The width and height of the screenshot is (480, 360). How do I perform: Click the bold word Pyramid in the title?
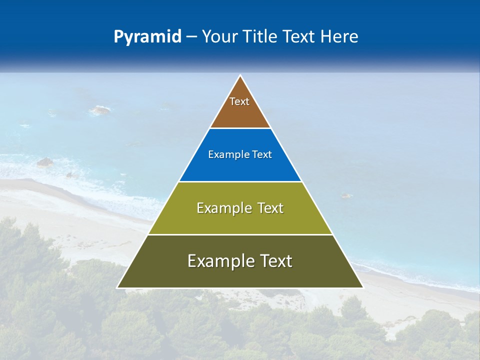tap(147, 37)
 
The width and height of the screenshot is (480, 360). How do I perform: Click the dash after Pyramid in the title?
tap(191, 37)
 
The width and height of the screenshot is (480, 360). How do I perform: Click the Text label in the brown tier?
tap(239, 101)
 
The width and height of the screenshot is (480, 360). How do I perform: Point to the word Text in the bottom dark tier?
tap(274, 261)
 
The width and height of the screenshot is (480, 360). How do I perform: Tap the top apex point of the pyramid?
tap(240, 75)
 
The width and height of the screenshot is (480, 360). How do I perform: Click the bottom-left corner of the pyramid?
tap(117, 287)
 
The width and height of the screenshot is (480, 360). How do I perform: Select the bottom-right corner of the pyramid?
tap(363, 287)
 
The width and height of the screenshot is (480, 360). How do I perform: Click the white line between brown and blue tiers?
tap(240, 128)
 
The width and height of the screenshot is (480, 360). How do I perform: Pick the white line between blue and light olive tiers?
tap(240, 181)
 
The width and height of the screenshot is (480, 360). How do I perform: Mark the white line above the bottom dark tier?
tap(240, 234)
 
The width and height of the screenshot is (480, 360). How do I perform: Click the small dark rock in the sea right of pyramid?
tap(346, 195)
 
